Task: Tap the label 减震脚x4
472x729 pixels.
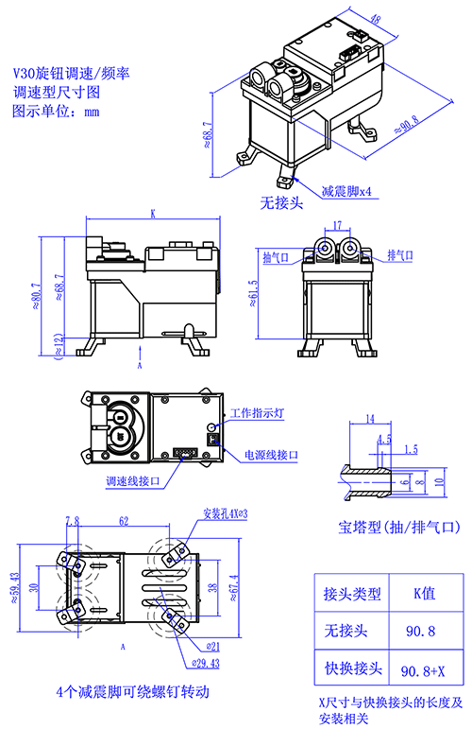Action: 346,190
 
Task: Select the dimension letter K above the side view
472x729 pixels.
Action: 152,215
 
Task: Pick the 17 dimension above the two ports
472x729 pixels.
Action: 337,226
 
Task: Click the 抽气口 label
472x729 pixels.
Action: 277,256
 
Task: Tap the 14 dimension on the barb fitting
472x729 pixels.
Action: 369,419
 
